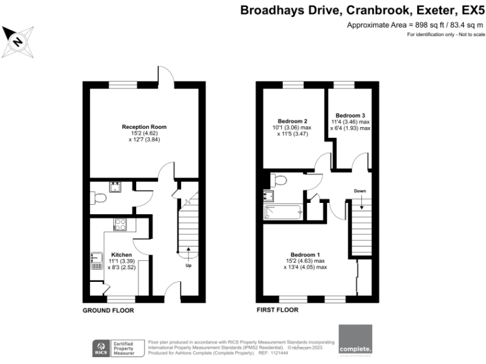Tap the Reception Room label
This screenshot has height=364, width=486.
pyautogui.click(x=144, y=127)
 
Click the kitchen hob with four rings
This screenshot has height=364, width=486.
pyautogui.click(x=121, y=223)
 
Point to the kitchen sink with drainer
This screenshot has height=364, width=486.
pyautogui.click(x=96, y=260)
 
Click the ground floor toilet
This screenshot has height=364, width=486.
pyautogui.click(x=97, y=199)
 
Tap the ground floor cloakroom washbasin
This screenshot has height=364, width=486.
pyautogui.click(x=116, y=186)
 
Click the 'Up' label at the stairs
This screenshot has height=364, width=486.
pyautogui.click(x=188, y=265)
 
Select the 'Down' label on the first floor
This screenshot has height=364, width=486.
pyautogui.click(x=359, y=190)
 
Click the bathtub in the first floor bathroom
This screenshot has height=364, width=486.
pyautogui.click(x=284, y=212)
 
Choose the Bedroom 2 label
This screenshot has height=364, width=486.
pyautogui.click(x=292, y=121)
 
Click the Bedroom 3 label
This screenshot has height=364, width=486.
pyautogui.click(x=350, y=116)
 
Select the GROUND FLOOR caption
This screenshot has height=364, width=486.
pyautogui.click(x=108, y=310)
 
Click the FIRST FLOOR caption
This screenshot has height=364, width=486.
pyautogui.click(x=277, y=310)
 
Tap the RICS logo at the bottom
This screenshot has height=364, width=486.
pyautogui.click(x=100, y=346)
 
